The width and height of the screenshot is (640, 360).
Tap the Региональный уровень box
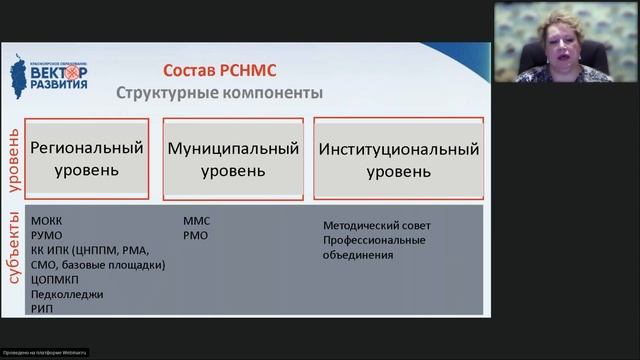click(87, 158)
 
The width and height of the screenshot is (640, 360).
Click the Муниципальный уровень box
click(233, 159)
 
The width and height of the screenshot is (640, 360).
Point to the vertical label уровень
click(13, 159)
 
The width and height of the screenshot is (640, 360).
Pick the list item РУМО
click(46, 234)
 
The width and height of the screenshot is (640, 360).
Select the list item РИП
click(42, 309)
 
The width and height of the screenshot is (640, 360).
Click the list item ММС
click(196, 219)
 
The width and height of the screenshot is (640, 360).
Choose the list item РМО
click(195, 234)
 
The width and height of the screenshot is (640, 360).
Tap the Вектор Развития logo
click(55, 73)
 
